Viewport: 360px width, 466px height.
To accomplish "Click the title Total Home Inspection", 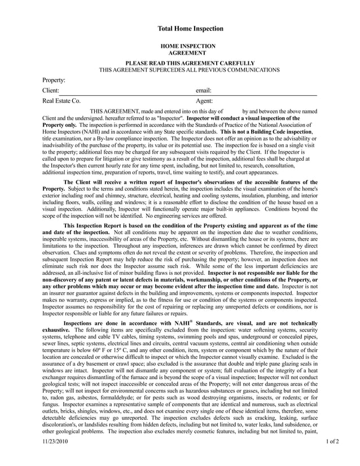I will coord(190,29).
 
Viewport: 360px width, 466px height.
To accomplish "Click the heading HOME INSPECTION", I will coord(188,46).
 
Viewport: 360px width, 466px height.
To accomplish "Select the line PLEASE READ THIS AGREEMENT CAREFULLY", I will coord(190,63).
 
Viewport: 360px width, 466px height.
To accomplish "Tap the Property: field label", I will coord(54,80).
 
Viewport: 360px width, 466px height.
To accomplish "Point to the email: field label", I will coord(203,90).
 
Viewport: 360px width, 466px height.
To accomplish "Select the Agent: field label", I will coord(204,101).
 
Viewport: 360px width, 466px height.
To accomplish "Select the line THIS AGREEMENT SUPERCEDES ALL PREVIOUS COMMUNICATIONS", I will coord(190,70).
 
